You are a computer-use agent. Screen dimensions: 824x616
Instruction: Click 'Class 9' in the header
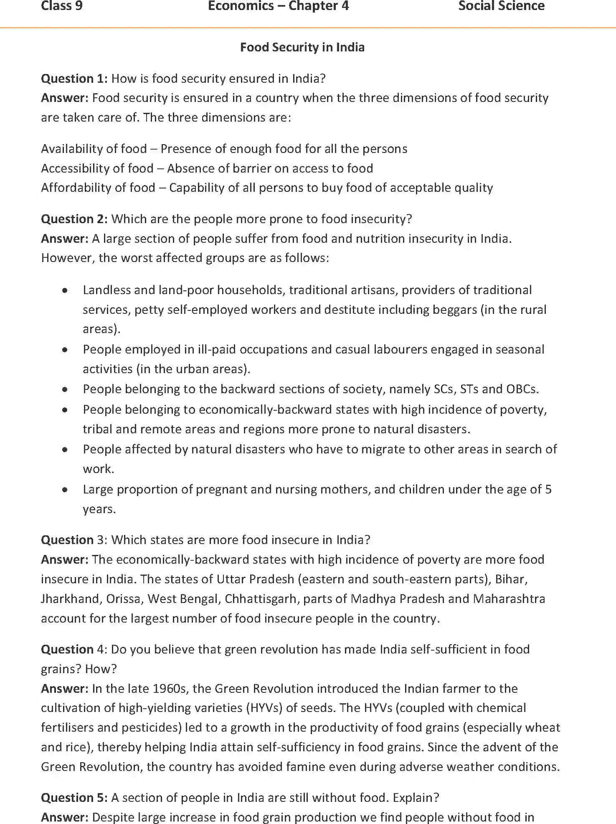(x=61, y=6)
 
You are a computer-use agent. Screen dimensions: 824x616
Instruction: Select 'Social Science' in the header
(x=501, y=6)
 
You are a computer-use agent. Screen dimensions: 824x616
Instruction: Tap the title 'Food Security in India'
(x=302, y=47)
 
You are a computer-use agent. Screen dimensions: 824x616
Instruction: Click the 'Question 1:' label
(x=74, y=79)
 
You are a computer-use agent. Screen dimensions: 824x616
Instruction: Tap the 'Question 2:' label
(x=74, y=219)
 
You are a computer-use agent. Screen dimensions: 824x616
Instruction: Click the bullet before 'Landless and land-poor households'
(x=65, y=290)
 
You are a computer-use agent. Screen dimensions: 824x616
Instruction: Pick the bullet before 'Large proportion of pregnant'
(x=65, y=490)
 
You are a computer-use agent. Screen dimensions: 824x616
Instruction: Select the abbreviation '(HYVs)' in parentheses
(x=264, y=708)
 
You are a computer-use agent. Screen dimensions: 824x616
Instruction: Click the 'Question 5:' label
(x=74, y=798)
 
